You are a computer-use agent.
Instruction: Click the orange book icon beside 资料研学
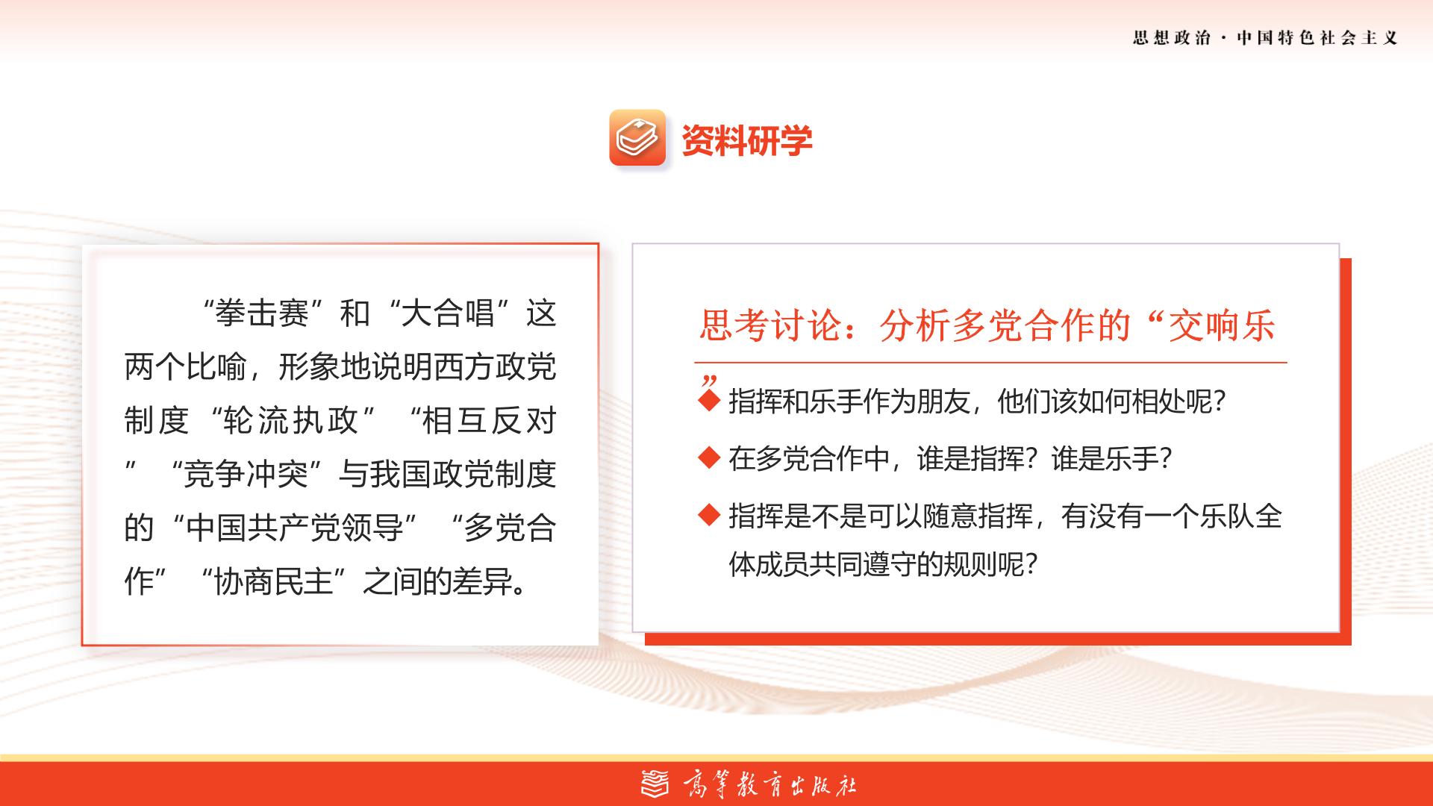[x=637, y=137]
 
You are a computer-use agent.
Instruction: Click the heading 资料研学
[x=747, y=140]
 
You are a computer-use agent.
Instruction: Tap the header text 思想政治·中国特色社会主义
[x=1265, y=38]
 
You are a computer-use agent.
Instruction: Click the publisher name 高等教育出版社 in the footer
[x=769, y=784]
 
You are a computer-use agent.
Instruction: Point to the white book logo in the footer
[x=657, y=784]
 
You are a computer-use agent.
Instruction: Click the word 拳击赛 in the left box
[x=262, y=313]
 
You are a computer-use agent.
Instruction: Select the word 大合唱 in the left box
[x=448, y=313]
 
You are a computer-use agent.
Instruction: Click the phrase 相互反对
[x=489, y=421]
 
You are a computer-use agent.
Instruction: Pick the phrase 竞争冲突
[x=246, y=475]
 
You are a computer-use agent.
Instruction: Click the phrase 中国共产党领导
[x=295, y=528]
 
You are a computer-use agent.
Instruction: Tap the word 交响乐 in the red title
[x=1222, y=325]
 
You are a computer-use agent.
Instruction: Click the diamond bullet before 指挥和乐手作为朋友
[x=708, y=401]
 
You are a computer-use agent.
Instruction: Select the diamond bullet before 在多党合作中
[x=708, y=457]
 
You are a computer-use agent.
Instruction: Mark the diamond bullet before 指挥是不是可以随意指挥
[x=708, y=514]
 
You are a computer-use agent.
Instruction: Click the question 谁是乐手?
[x=1111, y=458]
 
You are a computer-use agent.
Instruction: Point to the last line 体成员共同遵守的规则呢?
[x=883, y=564]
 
